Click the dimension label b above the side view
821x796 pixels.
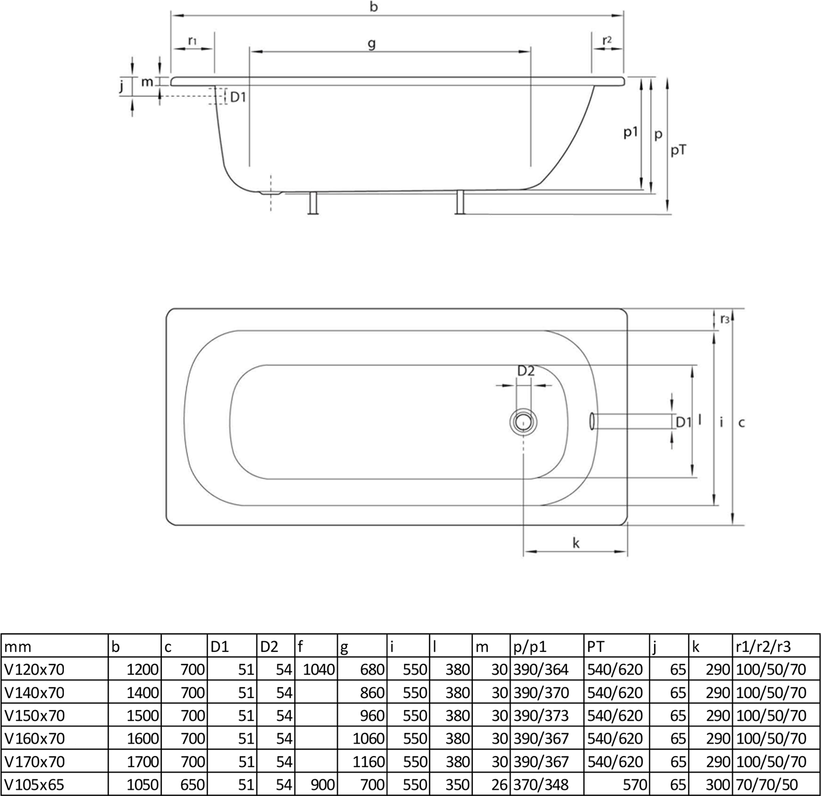click(x=373, y=7)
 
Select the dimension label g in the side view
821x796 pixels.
click(x=371, y=43)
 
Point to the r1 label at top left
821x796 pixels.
click(x=192, y=40)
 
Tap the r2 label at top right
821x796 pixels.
click(x=607, y=40)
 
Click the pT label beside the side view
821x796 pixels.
click(x=679, y=150)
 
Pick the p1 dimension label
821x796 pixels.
click(x=630, y=133)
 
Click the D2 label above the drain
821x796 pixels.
click(x=526, y=371)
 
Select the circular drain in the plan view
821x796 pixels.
click(x=523, y=421)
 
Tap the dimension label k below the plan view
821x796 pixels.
click(x=576, y=543)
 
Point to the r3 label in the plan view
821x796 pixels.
click(x=724, y=319)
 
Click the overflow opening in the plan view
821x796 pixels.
click(x=593, y=421)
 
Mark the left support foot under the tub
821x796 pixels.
click(x=313, y=204)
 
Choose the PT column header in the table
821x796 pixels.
click(x=595, y=646)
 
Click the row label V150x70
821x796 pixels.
click(x=34, y=716)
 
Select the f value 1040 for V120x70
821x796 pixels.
click(x=318, y=670)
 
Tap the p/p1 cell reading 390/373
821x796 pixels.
click(x=541, y=716)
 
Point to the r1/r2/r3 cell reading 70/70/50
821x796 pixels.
click(x=766, y=785)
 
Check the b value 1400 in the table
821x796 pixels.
click(x=143, y=693)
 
